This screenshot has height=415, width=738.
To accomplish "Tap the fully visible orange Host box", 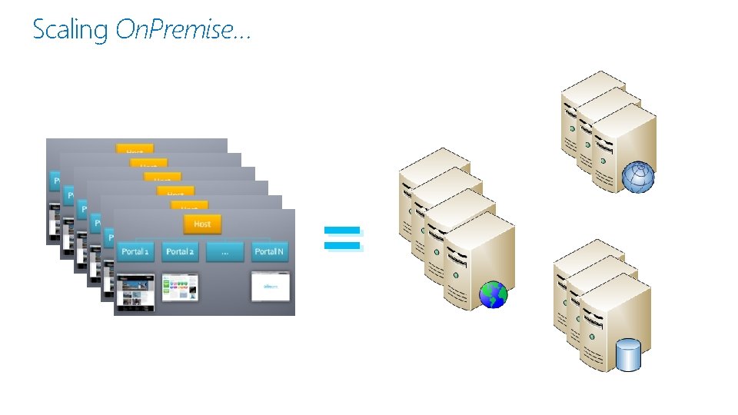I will (202, 224).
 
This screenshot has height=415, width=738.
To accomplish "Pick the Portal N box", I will (269, 251).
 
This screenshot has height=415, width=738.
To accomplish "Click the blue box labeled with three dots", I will (224, 251).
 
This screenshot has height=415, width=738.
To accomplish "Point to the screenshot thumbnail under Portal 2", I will (181, 288).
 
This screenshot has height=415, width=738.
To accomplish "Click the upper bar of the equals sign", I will (342, 229).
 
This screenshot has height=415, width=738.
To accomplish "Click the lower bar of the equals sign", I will (342, 245).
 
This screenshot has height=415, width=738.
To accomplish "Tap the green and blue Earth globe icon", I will (493, 294).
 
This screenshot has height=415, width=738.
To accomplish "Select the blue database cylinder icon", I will (628, 355).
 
